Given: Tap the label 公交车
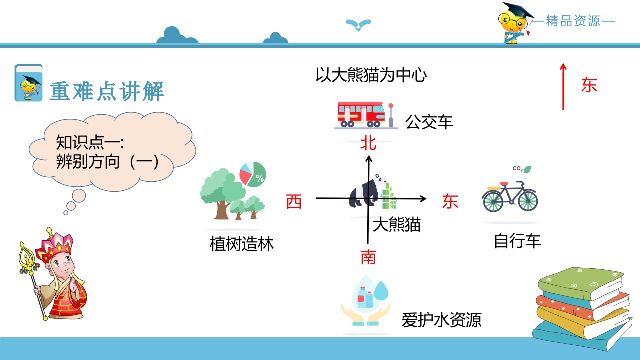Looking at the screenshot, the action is [429, 122].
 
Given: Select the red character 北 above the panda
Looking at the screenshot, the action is [368, 143].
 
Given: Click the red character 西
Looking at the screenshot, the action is [294, 201].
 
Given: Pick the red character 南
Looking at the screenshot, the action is [368, 257].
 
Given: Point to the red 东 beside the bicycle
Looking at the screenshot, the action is [450, 201].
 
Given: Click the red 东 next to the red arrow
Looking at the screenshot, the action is [589, 85].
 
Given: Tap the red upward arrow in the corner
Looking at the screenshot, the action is [563, 87].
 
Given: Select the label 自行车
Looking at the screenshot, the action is [517, 241].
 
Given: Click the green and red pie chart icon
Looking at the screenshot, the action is [253, 174].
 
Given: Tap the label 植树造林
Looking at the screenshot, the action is [241, 244].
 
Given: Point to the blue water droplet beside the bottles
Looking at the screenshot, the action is [381, 291].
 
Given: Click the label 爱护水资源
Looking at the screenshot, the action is [441, 320].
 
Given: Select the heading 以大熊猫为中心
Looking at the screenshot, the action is [371, 75].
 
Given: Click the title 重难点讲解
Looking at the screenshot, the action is [107, 91].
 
